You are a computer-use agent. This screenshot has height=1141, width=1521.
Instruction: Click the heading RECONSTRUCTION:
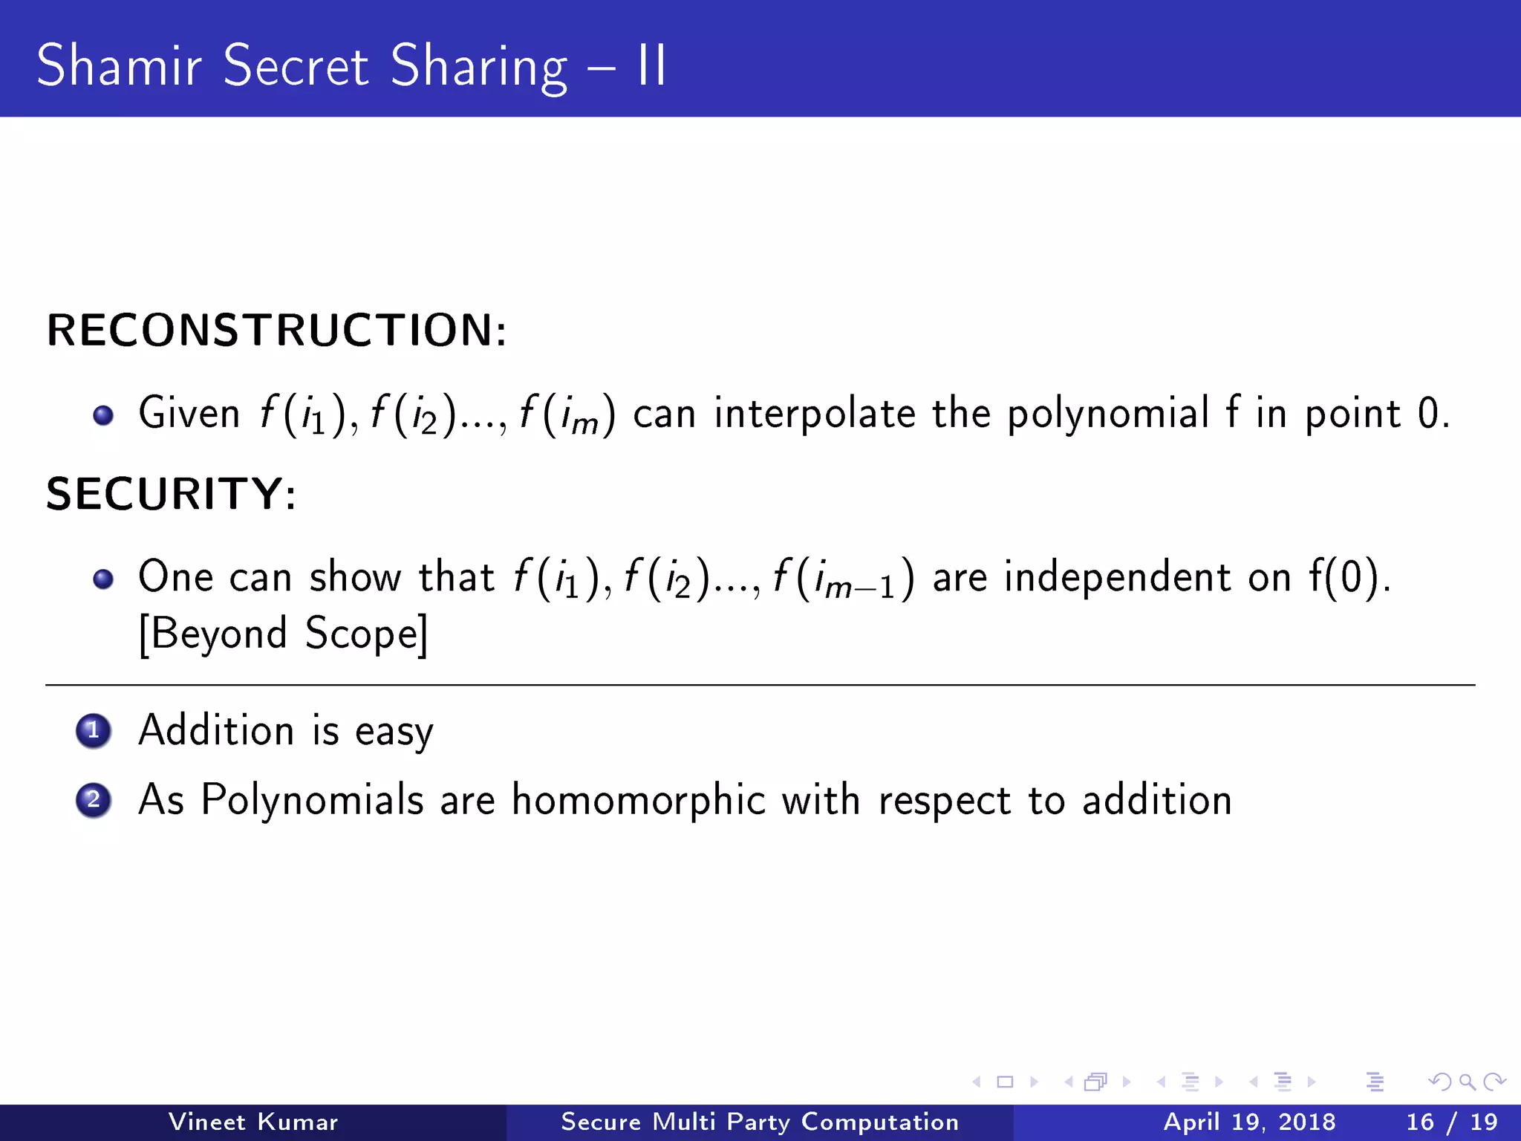click(277, 331)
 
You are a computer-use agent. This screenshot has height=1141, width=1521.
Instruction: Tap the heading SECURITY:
click(172, 494)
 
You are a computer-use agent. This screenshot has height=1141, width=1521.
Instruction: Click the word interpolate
click(815, 414)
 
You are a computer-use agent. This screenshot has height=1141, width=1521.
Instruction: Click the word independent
click(1117, 577)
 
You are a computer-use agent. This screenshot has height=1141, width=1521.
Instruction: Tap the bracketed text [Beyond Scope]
click(283, 634)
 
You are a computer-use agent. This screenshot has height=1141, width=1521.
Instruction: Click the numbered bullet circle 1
click(94, 731)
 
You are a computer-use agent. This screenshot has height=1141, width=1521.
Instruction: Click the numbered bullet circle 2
click(94, 801)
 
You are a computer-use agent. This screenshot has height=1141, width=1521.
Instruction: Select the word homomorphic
click(638, 801)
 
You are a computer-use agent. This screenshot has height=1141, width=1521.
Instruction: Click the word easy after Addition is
click(394, 732)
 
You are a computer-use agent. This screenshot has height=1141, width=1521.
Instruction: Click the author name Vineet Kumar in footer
click(253, 1122)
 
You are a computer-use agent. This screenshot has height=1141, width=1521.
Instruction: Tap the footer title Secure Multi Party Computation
click(760, 1122)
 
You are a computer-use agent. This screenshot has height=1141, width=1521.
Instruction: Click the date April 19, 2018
click(1249, 1122)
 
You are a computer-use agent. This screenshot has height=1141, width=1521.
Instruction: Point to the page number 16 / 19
click(1451, 1122)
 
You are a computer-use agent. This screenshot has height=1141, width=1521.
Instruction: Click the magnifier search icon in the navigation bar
click(1467, 1082)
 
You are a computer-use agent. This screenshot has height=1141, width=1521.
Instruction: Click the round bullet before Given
click(103, 415)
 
